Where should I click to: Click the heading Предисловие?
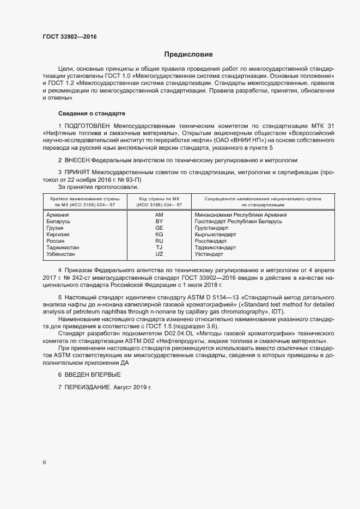(188, 54)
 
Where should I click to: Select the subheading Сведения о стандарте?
(91, 113)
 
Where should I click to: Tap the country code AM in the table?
(160, 215)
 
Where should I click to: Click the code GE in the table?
(160, 228)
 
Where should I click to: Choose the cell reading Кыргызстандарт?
(216, 235)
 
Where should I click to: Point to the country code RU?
(160, 241)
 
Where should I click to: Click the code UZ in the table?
(160, 254)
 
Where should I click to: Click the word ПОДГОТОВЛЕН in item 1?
(89, 126)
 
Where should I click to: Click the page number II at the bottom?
(44, 462)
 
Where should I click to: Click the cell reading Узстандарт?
(209, 254)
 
